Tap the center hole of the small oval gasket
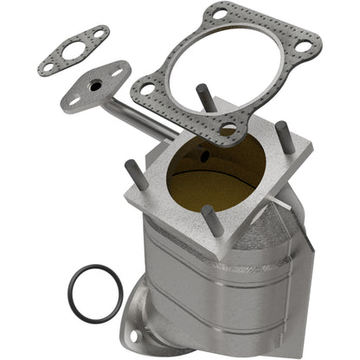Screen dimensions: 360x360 [73, 51]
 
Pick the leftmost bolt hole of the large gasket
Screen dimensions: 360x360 [146, 88]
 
